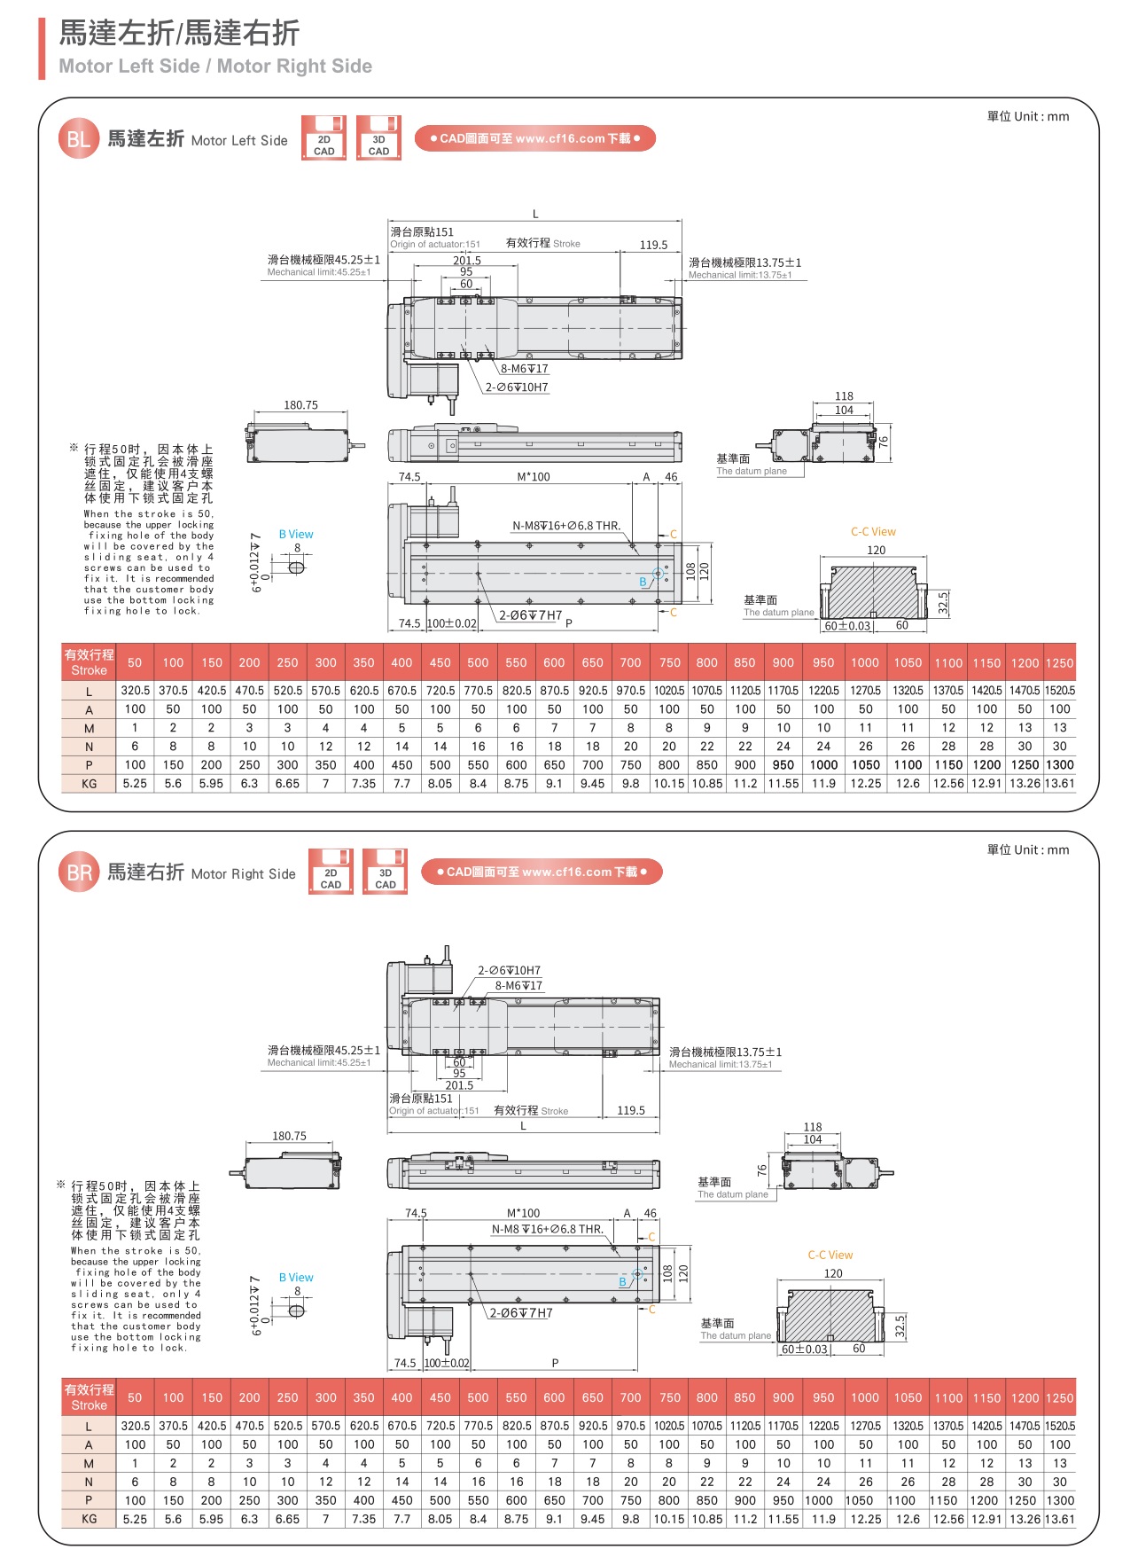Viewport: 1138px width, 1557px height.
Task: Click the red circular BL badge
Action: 78,139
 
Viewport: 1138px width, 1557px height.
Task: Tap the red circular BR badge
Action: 79,872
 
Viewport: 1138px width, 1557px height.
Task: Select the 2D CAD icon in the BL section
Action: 323,138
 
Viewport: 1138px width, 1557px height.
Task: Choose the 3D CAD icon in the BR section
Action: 386,872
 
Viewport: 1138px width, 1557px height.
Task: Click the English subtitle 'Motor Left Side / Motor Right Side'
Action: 215,67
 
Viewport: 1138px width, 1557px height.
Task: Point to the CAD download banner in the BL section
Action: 534,138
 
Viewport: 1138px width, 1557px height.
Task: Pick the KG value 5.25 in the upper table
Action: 135,784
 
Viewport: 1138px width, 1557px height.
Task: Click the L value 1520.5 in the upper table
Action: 1060,691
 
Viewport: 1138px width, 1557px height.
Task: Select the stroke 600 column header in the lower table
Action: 554,1397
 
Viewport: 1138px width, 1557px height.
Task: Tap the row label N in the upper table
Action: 89,747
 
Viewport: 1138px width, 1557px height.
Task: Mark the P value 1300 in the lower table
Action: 1060,1500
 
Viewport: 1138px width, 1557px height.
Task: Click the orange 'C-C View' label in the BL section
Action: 873,532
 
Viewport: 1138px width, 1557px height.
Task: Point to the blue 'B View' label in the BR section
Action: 296,1278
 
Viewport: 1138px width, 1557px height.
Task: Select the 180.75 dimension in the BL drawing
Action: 300,405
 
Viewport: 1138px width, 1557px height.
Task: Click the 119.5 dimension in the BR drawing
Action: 631,1110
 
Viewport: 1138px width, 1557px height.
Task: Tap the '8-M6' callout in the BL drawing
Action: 524,369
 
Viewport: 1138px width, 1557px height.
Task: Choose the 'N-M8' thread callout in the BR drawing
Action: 547,1229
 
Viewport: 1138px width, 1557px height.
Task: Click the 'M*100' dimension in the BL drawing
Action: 534,477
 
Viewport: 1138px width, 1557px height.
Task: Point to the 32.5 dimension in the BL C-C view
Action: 943,604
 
